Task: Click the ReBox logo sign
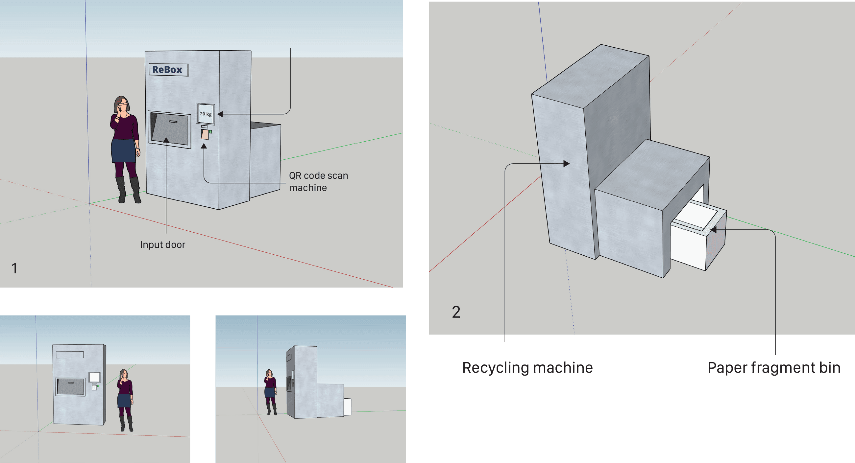[x=169, y=70]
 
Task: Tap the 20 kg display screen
[x=206, y=114]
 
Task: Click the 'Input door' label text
[x=163, y=245]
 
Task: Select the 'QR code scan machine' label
[x=318, y=181]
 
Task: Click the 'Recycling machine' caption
[x=527, y=368]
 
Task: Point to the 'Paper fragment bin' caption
[x=774, y=368]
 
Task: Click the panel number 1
[x=14, y=268]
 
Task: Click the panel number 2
[x=456, y=312]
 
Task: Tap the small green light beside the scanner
[x=210, y=132]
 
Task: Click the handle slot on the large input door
[x=173, y=122]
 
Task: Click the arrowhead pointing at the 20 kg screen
[x=220, y=114]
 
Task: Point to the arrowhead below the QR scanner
[x=204, y=146]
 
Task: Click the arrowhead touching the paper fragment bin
[x=713, y=229]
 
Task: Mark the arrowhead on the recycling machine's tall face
[x=567, y=164]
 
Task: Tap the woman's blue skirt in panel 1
[x=123, y=150]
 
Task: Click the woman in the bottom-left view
[x=125, y=400]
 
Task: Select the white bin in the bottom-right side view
[x=347, y=406]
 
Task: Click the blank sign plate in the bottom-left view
[x=70, y=355]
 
